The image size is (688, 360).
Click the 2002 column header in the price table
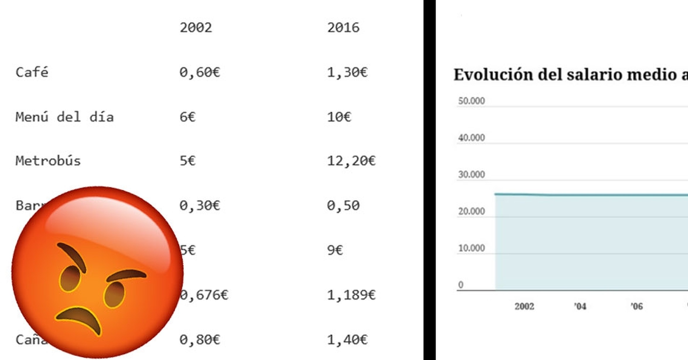point(196,28)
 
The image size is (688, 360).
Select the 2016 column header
point(343,28)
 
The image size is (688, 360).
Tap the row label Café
point(32,72)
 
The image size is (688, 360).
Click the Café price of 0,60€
point(200,72)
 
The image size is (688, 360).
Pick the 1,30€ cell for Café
point(347,72)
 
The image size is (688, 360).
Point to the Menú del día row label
point(64,117)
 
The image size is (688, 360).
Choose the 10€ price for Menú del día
point(339,117)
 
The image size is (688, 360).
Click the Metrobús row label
point(48,161)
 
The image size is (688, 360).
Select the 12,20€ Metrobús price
point(351,161)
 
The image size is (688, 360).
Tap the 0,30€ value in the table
point(200,206)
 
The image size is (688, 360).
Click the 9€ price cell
point(335,250)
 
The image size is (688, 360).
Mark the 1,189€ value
point(351,295)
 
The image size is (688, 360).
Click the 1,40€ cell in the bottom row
point(347,340)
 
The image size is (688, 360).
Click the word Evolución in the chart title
point(493,75)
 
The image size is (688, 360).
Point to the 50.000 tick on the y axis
point(471,101)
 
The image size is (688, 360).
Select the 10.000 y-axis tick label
point(471,248)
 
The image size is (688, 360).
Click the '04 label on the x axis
point(580,306)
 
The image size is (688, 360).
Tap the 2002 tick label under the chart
point(524,306)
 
